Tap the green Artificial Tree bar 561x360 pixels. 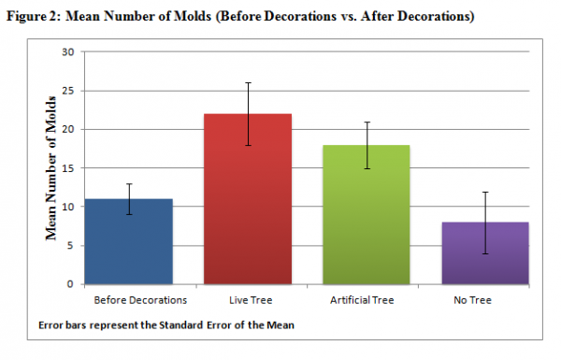coord(367,214)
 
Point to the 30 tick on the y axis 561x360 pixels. coord(66,51)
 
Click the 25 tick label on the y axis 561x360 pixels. coord(66,90)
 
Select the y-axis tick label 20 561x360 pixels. coord(66,129)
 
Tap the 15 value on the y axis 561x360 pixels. coord(66,167)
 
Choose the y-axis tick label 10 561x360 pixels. coord(66,207)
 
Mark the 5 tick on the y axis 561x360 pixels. coord(69,245)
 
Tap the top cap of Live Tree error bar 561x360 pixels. coord(248,82)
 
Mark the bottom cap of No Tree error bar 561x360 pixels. coord(484,253)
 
